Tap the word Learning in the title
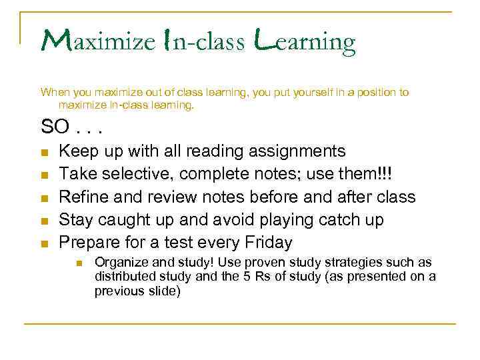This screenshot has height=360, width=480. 305,43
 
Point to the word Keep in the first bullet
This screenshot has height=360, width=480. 77,151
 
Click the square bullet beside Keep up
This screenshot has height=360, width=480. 44,153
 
